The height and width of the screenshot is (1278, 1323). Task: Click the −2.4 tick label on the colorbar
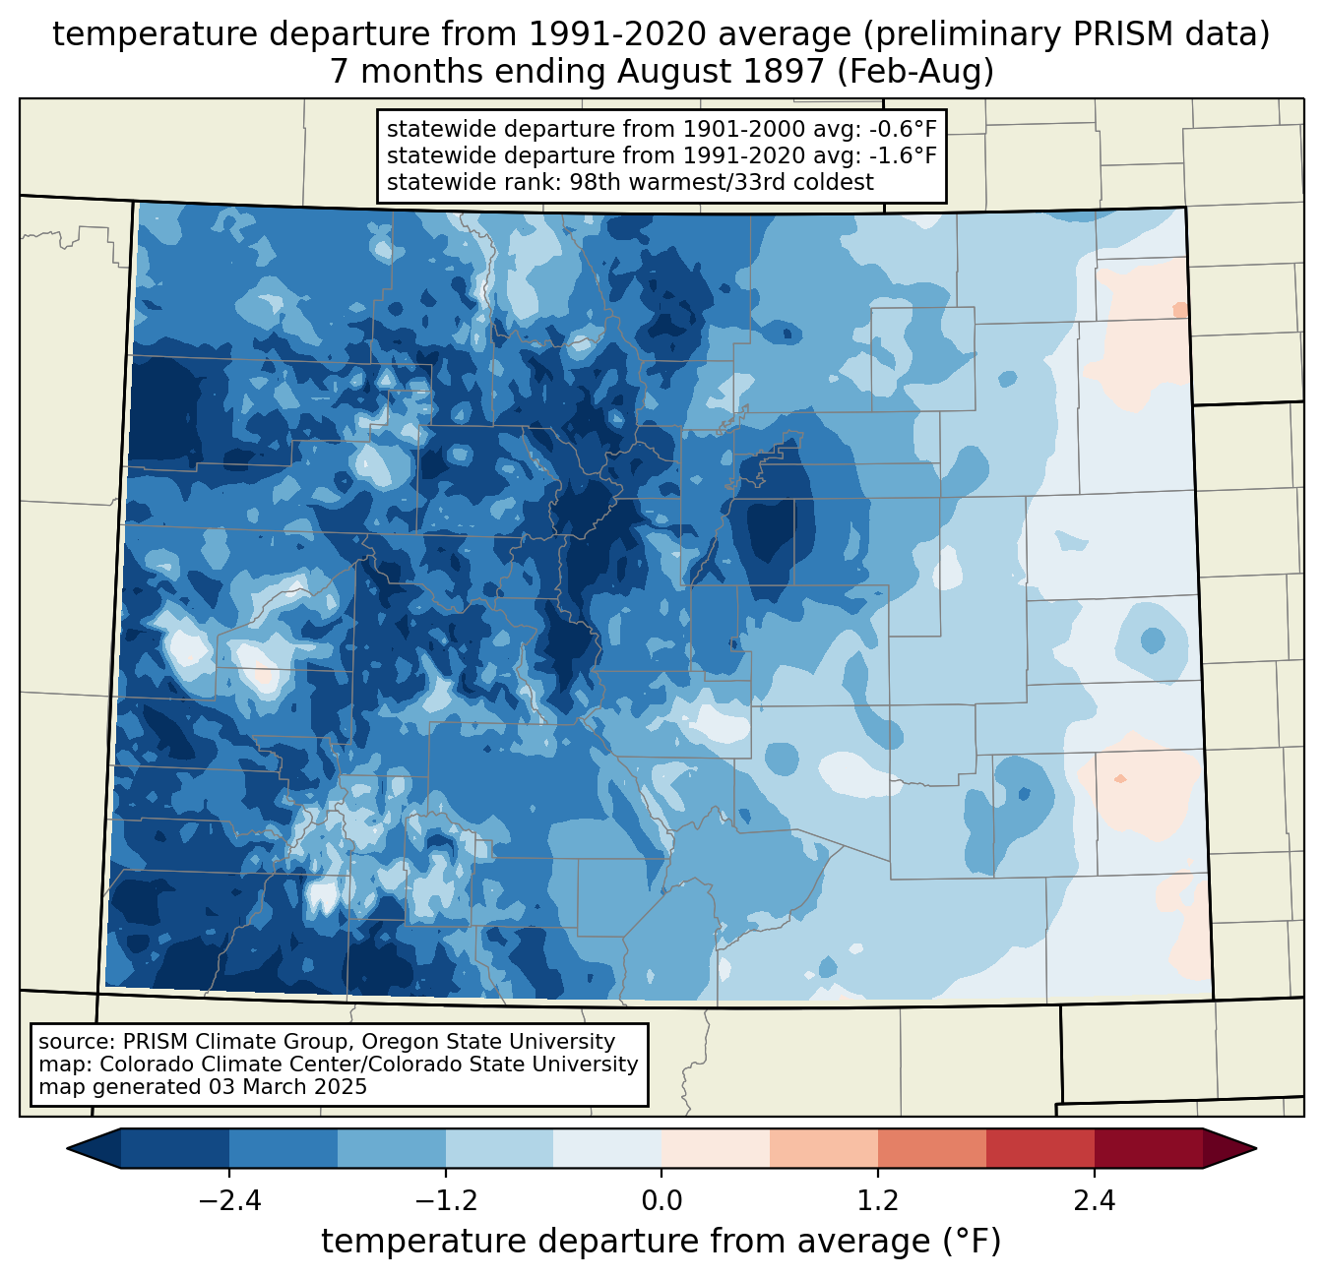[x=229, y=1201]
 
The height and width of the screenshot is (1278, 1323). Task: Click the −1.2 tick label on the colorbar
[x=445, y=1201]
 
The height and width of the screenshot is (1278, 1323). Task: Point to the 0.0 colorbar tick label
[x=661, y=1201]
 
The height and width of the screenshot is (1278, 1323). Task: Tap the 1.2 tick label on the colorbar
[x=878, y=1201]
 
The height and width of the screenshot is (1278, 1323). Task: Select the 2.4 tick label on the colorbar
[x=1094, y=1201]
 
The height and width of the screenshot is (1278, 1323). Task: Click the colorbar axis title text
[x=661, y=1242]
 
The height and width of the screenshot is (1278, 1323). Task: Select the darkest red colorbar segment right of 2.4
[x=1148, y=1148]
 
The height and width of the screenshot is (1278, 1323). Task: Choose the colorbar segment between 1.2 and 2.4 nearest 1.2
[x=931, y=1148]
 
